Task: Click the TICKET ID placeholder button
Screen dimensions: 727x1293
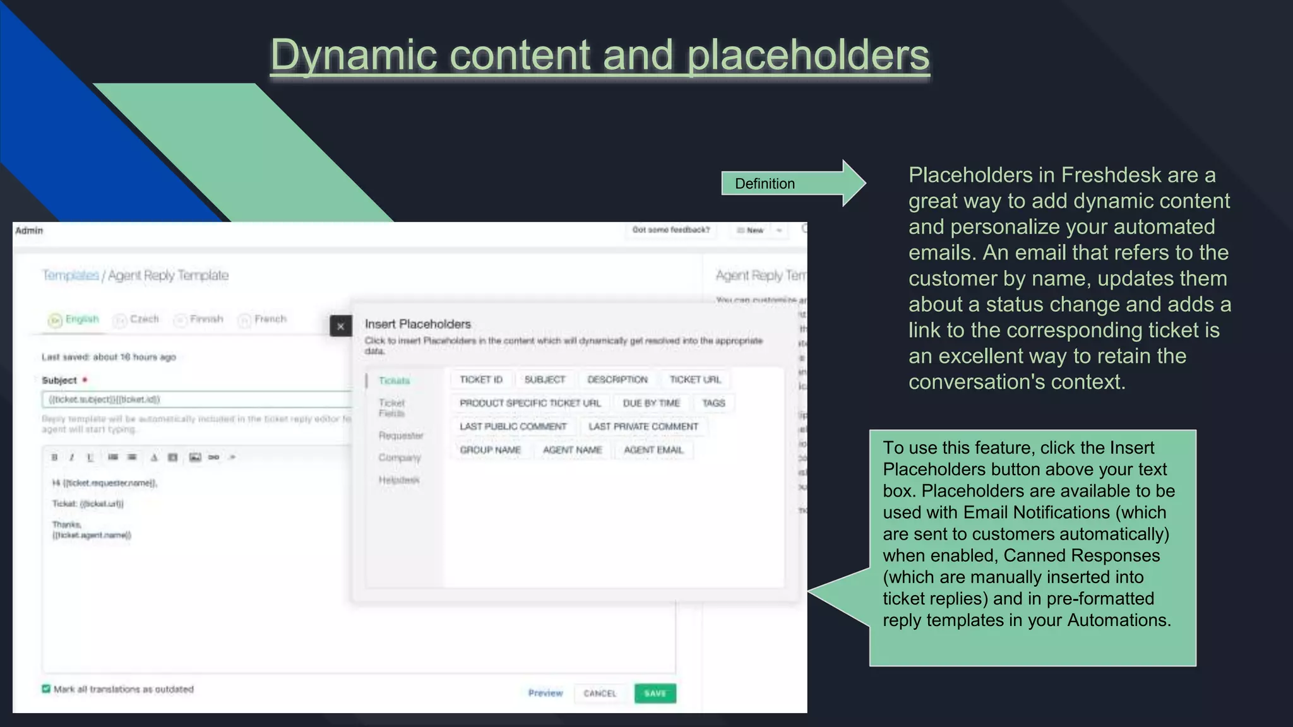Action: [x=481, y=379]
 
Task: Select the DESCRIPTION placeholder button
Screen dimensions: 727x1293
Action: [x=617, y=379]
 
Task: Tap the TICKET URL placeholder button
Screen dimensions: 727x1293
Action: [x=694, y=379]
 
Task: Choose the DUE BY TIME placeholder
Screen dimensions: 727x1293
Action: [x=651, y=403]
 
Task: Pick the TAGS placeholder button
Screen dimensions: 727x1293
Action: [x=713, y=403]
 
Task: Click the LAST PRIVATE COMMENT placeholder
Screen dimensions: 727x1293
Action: [x=643, y=427]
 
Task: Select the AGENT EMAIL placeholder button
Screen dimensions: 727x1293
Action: [x=653, y=450]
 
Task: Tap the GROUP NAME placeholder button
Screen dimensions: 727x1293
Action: [x=490, y=450]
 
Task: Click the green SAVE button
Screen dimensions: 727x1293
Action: [x=655, y=693]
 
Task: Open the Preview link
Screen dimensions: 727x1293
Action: [x=545, y=693]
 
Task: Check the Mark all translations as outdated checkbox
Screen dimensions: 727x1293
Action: [x=46, y=689]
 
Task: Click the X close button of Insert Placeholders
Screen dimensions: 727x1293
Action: [x=340, y=326]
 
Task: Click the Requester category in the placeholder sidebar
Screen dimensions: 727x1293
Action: [x=401, y=435]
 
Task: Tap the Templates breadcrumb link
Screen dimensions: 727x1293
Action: [x=70, y=275]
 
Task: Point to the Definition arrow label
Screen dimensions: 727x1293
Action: [x=765, y=184]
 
